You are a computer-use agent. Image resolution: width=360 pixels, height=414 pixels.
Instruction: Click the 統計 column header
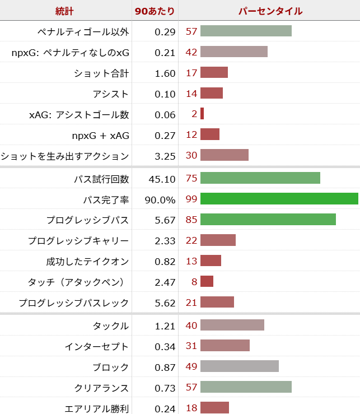(65, 11)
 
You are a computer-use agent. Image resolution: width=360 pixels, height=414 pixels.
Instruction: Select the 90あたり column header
(155, 11)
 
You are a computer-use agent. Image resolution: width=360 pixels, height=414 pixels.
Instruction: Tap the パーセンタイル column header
(270, 11)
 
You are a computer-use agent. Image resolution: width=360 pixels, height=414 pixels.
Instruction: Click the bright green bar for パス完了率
(279, 199)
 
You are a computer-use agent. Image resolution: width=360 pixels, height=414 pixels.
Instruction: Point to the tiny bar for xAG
(202, 114)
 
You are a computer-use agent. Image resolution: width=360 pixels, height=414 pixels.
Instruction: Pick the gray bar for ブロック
(239, 367)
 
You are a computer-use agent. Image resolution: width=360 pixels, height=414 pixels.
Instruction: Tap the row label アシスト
(111, 94)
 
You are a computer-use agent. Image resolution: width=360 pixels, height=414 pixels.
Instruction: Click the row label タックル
(111, 325)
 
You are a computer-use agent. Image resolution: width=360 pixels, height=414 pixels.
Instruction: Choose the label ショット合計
(101, 73)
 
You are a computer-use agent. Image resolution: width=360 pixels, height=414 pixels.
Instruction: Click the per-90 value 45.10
(162, 179)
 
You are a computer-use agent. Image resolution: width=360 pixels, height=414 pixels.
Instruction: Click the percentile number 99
(191, 199)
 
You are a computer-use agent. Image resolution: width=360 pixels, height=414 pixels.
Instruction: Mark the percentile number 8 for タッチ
(194, 282)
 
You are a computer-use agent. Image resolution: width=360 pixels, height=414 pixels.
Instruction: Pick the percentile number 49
(191, 367)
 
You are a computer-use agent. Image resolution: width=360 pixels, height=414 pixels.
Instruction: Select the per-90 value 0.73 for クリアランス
(165, 388)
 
